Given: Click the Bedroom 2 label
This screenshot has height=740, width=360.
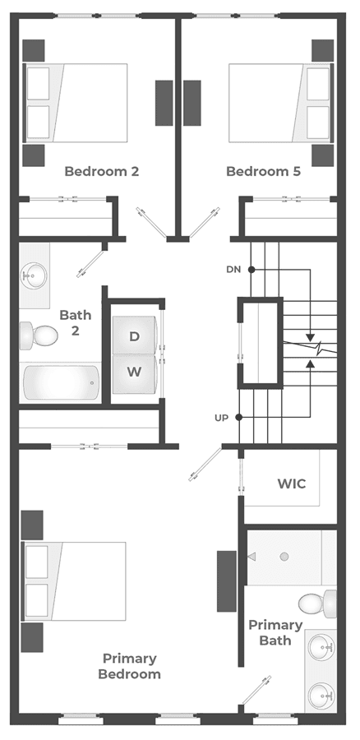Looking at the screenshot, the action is pos(101,171).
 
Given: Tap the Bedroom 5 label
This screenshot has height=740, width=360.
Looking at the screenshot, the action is pos(263,171).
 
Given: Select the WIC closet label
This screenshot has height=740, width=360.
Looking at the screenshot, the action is pos(292,483).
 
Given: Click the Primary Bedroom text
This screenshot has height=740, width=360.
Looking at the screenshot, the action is pos(129,666).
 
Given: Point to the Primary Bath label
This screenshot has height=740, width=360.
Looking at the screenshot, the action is pos(275,632).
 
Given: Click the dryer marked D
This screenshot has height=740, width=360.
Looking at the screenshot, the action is pos(135,335).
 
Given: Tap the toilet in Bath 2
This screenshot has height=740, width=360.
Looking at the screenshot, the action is pos(39,335).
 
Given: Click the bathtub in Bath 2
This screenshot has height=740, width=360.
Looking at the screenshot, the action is pos(62,382).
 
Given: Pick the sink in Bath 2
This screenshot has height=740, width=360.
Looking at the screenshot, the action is pos(34,275).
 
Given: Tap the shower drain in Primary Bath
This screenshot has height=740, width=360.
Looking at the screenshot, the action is pos(284,557).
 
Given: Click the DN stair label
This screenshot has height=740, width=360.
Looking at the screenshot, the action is pos(233,270).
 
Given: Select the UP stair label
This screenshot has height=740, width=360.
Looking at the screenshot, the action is pos(222,418).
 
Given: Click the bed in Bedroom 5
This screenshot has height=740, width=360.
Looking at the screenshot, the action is pos(281,103).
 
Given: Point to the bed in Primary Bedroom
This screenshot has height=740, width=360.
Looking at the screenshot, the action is pos(74,581).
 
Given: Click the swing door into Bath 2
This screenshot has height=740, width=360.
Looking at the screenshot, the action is pos(91,263).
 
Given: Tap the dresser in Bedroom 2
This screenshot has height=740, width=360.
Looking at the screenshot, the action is pos(164,103).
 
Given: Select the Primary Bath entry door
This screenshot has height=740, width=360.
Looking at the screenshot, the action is pos(256,691).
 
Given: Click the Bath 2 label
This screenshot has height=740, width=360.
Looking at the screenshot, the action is pos(76,322).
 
